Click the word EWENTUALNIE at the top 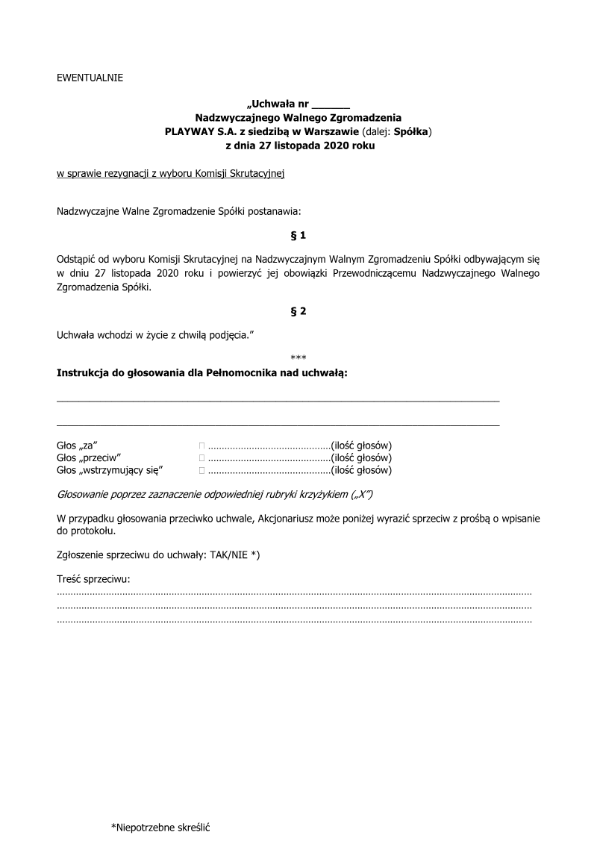[90, 77]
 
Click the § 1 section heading [298, 236]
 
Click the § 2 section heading [298, 311]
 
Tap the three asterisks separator [298, 357]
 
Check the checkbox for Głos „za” [201, 445]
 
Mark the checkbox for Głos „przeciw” [201, 457]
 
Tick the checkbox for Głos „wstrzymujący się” [201, 470]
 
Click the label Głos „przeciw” [90, 457]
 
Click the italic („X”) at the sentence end [362, 495]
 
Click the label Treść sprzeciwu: [93, 579]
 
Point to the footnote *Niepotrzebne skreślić [161, 827]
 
